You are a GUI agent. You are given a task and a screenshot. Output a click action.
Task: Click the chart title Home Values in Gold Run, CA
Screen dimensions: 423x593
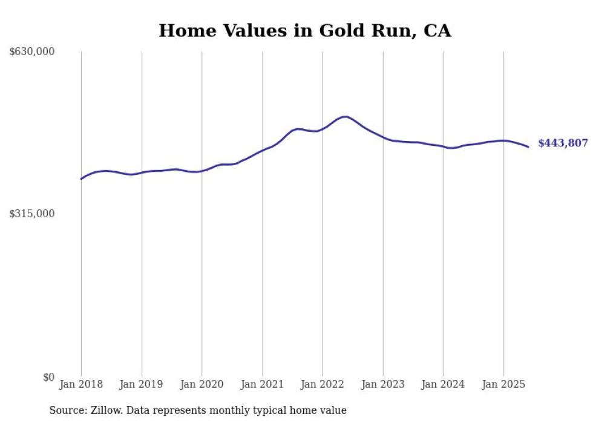point(304,30)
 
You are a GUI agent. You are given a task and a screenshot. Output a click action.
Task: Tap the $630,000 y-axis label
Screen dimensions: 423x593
point(32,52)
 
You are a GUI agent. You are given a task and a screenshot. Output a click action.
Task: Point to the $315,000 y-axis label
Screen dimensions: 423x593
point(32,214)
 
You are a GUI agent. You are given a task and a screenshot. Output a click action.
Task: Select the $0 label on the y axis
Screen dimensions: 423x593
point(48,377)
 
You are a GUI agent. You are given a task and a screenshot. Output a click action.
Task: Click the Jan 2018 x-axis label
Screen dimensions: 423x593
point(81,384)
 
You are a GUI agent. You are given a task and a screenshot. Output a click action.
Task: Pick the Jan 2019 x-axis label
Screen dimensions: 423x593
point(142,384)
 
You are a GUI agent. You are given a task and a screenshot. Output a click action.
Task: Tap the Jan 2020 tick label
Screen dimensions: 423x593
point(201,384)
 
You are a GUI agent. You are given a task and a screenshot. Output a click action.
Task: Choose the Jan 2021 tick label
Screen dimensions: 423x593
point(262,384)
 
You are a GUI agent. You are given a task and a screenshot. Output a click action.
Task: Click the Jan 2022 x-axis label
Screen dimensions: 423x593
point(323,384)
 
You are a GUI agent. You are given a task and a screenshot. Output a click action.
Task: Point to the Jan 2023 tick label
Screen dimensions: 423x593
point(382,384)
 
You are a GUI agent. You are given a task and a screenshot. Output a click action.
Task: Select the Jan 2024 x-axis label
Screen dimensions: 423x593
point(443,384)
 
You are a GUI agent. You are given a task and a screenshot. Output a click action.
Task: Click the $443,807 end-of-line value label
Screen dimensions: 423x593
point(563,143)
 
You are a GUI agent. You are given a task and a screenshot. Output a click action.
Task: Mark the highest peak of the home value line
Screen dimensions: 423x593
point(345,116)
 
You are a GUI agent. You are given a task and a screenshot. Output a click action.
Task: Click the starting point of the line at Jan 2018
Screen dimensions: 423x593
point(81,179)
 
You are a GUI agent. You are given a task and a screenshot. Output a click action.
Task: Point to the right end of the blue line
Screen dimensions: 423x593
point(528,146)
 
